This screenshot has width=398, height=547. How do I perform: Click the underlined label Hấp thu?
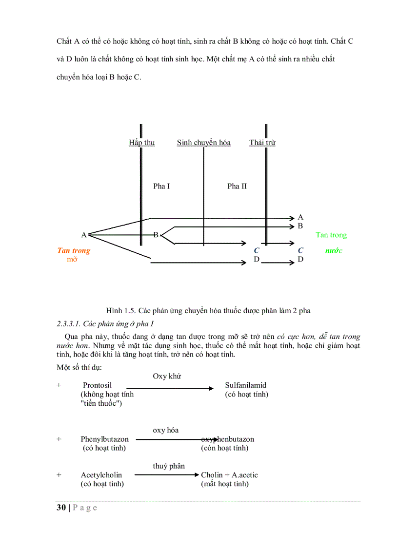pos(141,143)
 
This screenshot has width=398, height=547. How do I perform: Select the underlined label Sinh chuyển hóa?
pos(203,143)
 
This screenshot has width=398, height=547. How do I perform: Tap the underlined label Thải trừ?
pos(262,143)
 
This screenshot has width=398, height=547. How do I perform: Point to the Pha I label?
pos(161,187)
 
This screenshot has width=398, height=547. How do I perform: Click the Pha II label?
pos(237,187)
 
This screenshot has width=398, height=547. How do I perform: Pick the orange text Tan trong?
pos(74,251)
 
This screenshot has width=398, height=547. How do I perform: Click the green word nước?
pos(334,251)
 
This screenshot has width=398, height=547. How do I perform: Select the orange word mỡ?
pos(72,260)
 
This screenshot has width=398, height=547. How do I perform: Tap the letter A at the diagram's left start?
pos(83,235)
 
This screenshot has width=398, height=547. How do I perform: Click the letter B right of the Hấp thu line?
pos(156,235)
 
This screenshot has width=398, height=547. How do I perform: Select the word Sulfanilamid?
pos(246,385)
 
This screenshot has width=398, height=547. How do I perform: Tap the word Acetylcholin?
pos(101,475)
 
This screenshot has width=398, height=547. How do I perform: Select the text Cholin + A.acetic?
pos(229,475)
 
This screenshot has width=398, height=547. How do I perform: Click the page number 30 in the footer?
pos(61,508)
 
